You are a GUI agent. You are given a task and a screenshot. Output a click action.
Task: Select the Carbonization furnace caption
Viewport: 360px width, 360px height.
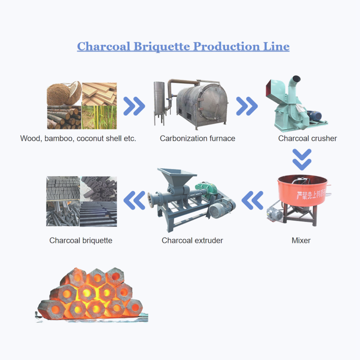coord(197,138)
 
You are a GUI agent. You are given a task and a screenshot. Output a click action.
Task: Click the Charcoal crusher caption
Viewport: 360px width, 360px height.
coord(307,138)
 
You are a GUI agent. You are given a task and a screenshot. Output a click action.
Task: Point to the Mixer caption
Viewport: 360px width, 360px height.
coord(301,240)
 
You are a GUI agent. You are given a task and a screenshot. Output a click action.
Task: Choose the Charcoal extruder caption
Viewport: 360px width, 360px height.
coord(192,240)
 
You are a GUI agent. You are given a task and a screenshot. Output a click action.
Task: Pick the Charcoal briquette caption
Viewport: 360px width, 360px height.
coord(80,240)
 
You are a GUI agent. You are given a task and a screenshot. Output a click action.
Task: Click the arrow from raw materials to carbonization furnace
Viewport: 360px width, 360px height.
coord(134,105)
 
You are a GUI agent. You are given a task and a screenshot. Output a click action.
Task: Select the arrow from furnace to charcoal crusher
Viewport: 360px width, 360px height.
coord(246,105)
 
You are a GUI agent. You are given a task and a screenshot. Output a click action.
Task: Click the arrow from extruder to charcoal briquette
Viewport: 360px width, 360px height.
coord(134,200)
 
